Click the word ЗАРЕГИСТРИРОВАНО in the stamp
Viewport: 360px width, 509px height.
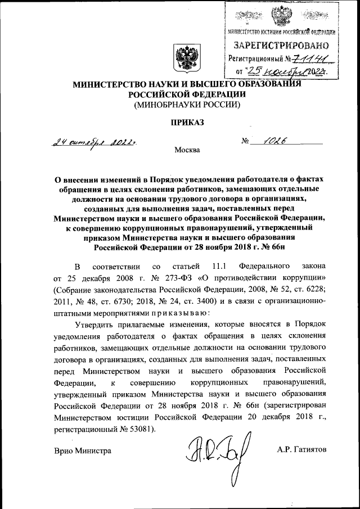(x=280, y=44)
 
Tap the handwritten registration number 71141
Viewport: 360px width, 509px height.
(x=312, y=58)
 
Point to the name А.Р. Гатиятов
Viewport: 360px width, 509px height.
(x=301, y=450)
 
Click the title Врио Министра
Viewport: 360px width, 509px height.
(x=82, y=450)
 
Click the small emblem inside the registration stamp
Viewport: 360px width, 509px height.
(x=281, y=14)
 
